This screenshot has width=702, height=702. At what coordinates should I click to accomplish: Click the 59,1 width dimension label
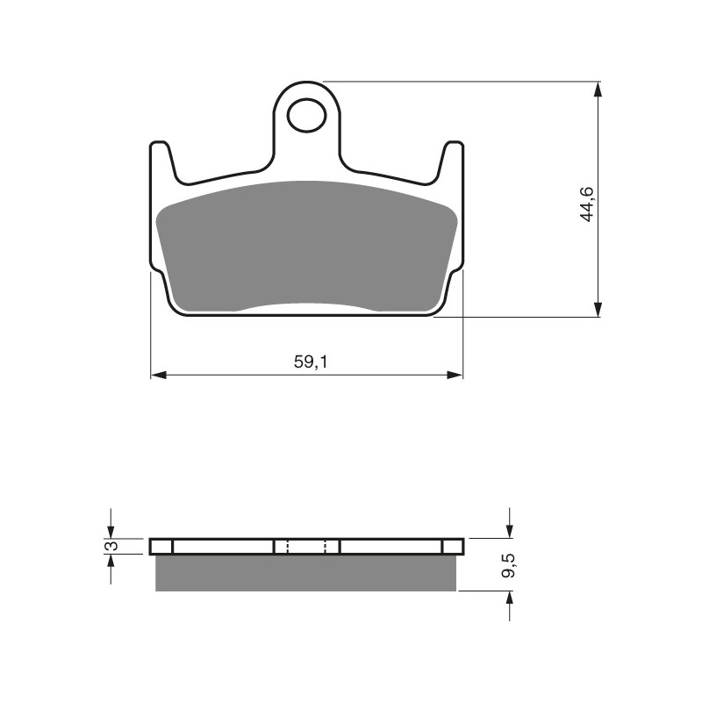tap(311, 362)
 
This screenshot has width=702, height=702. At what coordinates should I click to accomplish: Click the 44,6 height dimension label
tap(586, 204)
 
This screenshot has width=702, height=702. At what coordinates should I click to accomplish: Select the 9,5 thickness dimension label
tap(509, 565)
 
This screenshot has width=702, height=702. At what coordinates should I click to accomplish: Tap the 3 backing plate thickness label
tap(113, 546)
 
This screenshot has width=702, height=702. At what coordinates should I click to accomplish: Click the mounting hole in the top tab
tap(307, 115)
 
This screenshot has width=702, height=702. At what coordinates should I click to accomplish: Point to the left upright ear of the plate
tap(161, 161)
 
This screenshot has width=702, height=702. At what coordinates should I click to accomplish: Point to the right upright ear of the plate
tap(451, 161)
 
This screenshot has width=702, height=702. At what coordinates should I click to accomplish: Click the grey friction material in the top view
tap(306, 247)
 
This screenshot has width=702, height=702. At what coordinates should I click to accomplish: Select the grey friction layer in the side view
tap(305, 573)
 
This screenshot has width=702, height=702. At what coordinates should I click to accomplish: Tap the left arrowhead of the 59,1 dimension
tap(159, 376)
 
